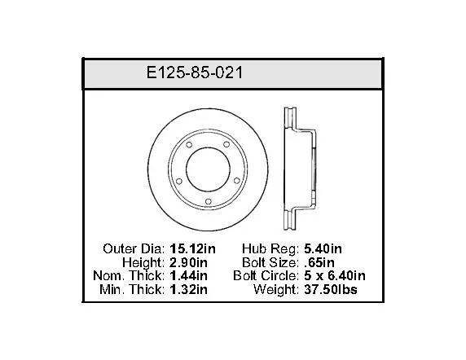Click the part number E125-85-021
[x=195, y=72]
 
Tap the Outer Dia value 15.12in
[x=192, y=248]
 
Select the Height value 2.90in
[x=188, y=262]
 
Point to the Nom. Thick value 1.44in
[x=188, y=275]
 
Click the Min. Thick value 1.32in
[x=188, y=289]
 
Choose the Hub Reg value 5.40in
[x=323, y=248]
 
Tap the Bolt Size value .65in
[x=319, y=262]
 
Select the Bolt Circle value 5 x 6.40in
[x=335, y=275]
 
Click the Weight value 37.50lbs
[x=331, y=289]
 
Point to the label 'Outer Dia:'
[x=134, y=248]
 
